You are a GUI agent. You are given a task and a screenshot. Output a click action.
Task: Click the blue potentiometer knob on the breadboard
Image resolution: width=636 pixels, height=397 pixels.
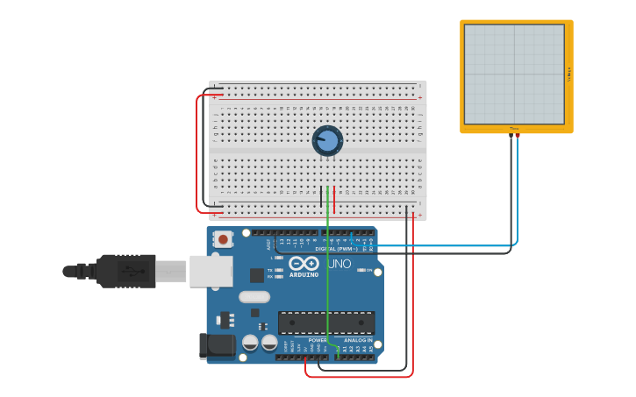click(327, 140)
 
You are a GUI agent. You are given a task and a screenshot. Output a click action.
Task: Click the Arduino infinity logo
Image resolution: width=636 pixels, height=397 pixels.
click(304, 263)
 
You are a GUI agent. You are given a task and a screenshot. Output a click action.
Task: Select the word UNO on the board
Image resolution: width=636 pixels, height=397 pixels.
click(339, 264)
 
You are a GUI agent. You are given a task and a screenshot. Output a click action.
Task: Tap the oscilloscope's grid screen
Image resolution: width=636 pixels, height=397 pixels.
click(514, 74)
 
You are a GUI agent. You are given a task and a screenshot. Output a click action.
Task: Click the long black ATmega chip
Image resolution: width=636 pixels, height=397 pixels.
click(325, 323)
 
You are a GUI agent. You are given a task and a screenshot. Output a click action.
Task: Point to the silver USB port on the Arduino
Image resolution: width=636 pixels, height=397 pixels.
click(211, 271)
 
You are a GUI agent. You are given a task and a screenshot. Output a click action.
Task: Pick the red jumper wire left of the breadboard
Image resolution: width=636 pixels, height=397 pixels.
click(197, 153)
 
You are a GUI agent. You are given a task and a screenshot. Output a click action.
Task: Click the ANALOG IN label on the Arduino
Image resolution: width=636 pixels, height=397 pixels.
click(357, 340)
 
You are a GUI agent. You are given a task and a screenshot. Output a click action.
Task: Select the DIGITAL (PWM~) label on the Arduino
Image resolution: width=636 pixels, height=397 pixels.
click(336, 249)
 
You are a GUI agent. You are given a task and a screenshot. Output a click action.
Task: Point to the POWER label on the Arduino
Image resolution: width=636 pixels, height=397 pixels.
click(317, 340)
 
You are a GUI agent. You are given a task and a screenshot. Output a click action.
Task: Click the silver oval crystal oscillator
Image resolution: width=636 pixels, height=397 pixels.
click(254, 296)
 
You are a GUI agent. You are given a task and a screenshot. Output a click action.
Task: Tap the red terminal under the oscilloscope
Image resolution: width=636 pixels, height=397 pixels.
click(518, 136)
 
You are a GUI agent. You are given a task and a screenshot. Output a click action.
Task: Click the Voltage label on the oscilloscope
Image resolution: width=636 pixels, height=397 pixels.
click(568, 74)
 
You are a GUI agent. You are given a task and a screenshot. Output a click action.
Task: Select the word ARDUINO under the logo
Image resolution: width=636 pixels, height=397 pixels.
click(304, 275)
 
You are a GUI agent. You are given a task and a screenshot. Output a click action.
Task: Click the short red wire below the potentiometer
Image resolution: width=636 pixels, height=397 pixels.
click(334, 195)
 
